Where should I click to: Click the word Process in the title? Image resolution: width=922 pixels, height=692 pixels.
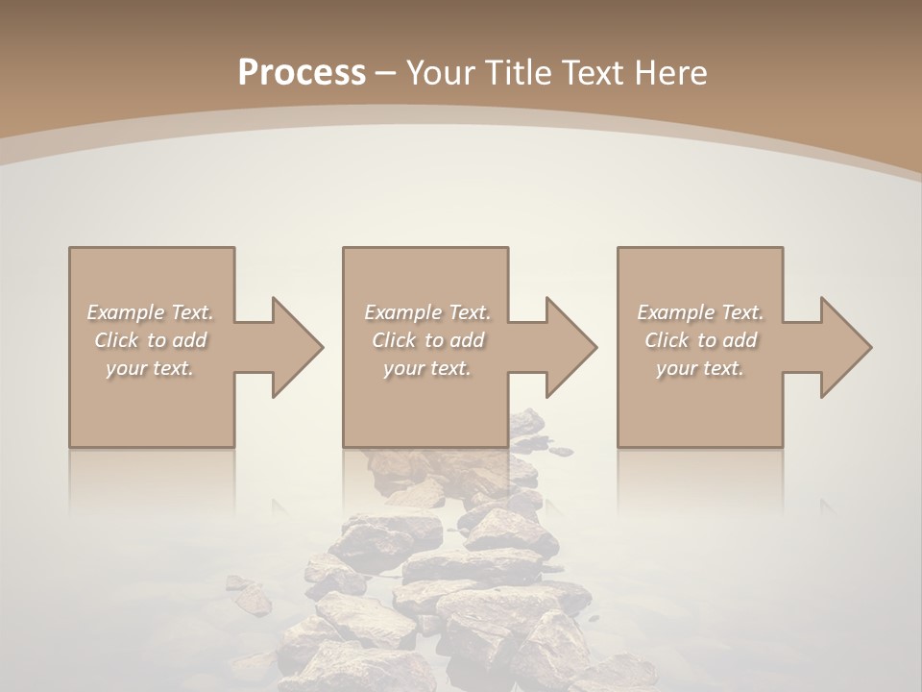(x=302, y=73)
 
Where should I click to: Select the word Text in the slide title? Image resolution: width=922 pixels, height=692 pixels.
(x=594, y=73)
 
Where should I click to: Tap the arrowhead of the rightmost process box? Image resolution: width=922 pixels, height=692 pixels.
(x=844, y=347)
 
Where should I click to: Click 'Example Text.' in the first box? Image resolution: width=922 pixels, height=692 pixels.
(x=151, y=312)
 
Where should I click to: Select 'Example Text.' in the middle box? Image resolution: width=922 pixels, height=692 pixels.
(x=427, y=312)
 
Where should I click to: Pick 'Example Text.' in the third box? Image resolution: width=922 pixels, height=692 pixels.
(x=700, y=312)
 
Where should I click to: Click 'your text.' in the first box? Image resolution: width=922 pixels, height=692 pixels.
(x=151, y=368)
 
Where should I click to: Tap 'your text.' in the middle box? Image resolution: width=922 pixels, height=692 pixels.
(x=427, y=368)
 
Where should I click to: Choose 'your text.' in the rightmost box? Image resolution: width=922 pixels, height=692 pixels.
(x=700, y=368)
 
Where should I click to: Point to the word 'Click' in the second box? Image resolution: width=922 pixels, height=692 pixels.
(x=394, y=340)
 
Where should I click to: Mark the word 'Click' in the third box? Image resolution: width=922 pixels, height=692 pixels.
(x=667, y=340)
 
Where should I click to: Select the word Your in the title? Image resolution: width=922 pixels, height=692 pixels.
(x=440, y=73)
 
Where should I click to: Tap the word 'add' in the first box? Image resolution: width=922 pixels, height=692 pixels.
(x=190, y=340)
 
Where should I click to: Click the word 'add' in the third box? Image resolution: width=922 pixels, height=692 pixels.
(x=740, y=340)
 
